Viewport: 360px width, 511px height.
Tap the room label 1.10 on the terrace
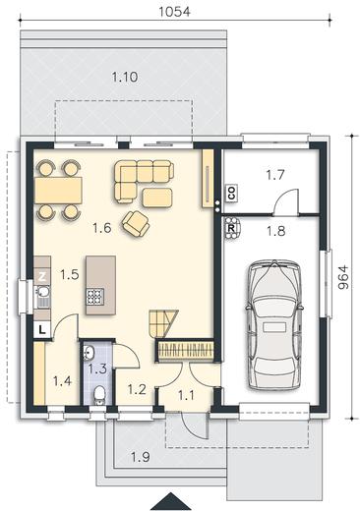point(125,78)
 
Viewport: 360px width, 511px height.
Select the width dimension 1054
point(174,12)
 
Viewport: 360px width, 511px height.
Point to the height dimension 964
point(342,277)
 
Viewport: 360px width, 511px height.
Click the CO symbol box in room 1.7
point(232,193)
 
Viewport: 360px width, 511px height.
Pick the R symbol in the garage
point(231,229)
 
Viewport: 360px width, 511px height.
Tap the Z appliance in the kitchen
point(42,277)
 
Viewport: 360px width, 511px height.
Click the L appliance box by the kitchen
point(42,329)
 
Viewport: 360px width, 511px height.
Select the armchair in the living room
point(136,223)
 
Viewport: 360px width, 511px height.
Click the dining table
point(58,191)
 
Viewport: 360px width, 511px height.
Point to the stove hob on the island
point(95,297)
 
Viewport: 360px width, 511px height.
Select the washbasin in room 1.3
point(89,353)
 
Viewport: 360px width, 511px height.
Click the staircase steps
point(163,323)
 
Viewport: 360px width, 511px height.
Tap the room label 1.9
point(141,457)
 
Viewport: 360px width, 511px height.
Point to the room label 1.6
point(102,228)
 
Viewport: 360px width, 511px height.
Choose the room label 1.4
point(62,381)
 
